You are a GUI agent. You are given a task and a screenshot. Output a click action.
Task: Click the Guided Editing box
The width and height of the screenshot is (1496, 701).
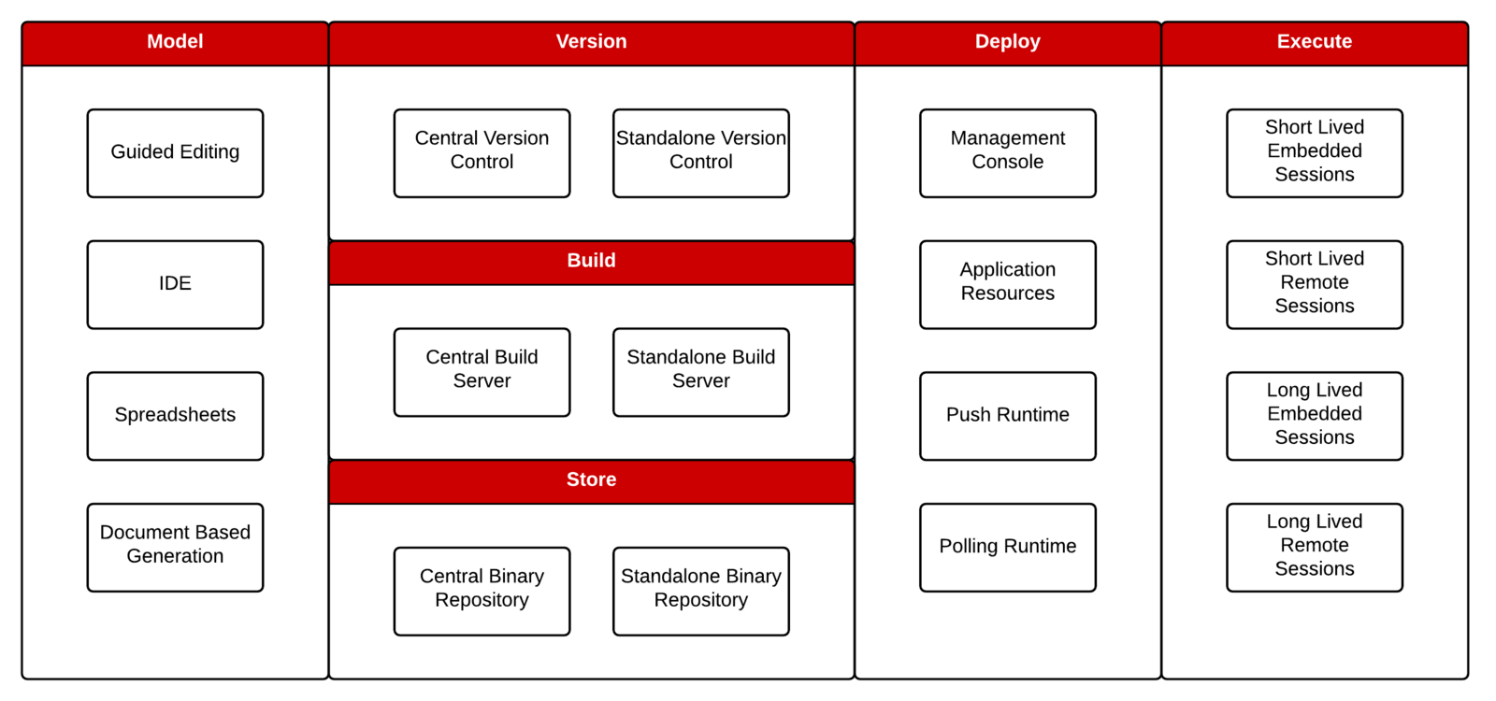[x=175, y=152]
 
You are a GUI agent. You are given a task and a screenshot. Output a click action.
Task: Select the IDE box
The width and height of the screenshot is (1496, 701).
[x=175, y=284]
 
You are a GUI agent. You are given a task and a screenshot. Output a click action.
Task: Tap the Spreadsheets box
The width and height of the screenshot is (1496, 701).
[x=175, y=416]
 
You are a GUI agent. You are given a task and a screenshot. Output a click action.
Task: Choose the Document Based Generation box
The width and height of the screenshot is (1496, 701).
[x=175, y=547]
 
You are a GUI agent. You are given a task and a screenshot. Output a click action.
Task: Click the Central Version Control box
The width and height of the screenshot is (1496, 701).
[x=482, y=152]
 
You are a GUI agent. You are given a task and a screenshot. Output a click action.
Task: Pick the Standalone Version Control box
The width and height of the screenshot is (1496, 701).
[x=700, y=152]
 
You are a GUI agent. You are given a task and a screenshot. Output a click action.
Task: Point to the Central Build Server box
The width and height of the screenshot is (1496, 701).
[x=482, y=371]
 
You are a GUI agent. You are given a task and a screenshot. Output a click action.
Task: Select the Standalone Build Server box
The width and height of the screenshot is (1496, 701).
[x=700, y=371]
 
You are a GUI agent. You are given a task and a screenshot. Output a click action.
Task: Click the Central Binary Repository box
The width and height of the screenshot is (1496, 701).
[x=482, y=591]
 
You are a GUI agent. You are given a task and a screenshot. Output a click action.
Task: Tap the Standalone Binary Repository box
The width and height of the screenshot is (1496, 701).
[x=700, y=591]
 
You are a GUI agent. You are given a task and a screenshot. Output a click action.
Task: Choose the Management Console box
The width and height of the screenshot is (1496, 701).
[x=1007, y=152]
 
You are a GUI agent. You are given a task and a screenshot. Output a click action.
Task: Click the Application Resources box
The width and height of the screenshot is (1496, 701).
[x=1007, y=284]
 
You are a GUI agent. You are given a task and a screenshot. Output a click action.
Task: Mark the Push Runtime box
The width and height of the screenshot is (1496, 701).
[x=1007, y=416]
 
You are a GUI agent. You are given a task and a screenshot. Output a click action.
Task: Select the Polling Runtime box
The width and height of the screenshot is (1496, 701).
[x=1007, y=547]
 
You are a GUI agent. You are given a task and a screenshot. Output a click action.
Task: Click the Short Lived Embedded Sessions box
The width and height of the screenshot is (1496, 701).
[x=1314, y=152]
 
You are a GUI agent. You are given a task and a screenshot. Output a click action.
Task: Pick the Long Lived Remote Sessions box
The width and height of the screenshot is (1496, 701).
[x=1314, y=547]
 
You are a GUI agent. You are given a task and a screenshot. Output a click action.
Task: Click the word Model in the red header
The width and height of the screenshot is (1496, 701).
[x=175, y=41]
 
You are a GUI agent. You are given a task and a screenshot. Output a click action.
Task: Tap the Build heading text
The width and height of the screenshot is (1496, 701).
[x=591, y=261]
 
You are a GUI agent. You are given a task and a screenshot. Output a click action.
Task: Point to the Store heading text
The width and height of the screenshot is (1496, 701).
[x=591, y=479]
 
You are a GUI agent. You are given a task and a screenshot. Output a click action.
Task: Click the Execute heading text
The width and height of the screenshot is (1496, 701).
[x=1314, y=41]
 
